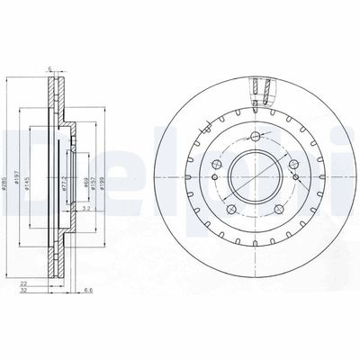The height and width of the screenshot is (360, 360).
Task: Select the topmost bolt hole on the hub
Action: point(256,136)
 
